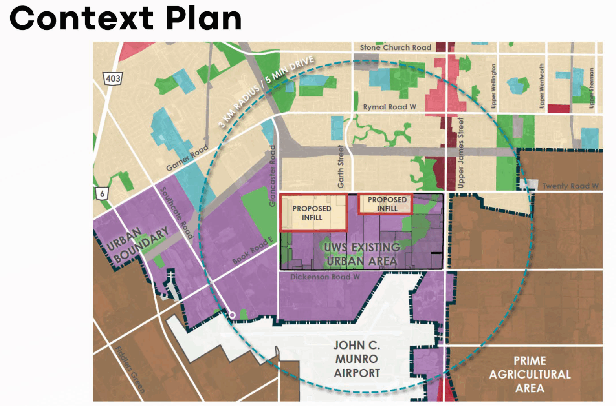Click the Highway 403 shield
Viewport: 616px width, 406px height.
tap(113, 78)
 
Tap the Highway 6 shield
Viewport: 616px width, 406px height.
tap(102, 193)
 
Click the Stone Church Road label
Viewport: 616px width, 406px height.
tap(395, 47)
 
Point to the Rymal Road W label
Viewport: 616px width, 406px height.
tap(389, 107)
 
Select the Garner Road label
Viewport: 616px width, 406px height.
tap(187, 158)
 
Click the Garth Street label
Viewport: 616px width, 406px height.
tap(341, 166)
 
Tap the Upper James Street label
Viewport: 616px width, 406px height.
tap(461, 153)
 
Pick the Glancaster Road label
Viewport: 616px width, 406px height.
tap(272, 176)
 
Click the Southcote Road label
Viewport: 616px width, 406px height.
tap(177, 213)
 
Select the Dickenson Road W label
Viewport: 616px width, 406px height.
tap(325, 277)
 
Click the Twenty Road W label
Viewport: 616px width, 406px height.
tap(570, 186)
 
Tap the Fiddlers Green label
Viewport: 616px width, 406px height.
tap(130, 369)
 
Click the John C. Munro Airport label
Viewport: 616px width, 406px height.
tap(357, 359)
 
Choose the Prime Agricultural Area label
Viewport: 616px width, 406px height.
tap(530, 374)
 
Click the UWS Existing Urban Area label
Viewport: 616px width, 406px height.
tap(362, 254)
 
